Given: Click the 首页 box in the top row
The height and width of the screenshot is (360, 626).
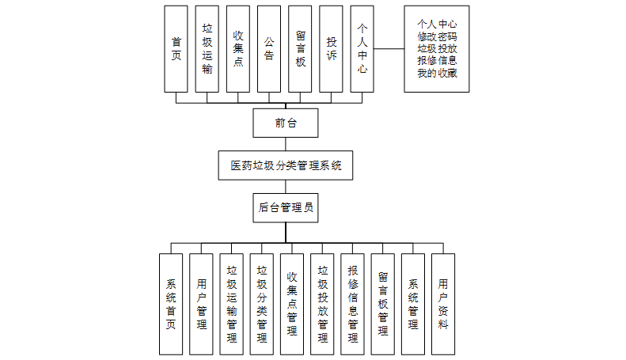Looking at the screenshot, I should [x=176, y=49].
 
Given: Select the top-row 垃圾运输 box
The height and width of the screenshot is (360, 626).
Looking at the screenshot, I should [x=207, y=49].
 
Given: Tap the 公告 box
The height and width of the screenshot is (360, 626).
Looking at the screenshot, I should [x=269, y=49].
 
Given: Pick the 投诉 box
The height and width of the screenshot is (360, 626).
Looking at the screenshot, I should [x=332, y=49].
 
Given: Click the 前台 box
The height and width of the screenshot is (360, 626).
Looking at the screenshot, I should [x=285, y=123].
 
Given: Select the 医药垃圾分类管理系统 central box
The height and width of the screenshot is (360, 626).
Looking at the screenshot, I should [x=286, y=165].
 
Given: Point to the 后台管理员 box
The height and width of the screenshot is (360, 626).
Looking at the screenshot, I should [x=286, y=208].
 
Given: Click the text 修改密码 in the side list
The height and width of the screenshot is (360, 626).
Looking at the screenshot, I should [x=437, y=36].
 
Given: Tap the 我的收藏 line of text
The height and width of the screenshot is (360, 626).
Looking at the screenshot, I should [x=437, y=74].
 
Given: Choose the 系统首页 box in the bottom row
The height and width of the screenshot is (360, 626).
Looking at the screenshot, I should [x=171, y=304].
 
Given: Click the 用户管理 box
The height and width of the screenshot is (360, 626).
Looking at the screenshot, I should [x=201, y=304].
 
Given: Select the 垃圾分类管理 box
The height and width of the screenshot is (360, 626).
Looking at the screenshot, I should [x=262, y=304].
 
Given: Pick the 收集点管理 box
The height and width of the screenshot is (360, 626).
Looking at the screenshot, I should [x=292, y=304].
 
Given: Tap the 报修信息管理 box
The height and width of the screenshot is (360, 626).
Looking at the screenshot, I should [x=353, y=304].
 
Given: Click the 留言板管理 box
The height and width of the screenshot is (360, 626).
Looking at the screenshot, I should [x=383, y=304].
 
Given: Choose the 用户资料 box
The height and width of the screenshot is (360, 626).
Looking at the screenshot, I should [x=443, y=304].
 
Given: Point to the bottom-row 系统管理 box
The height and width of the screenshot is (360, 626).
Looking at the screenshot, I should [x=413, y=304].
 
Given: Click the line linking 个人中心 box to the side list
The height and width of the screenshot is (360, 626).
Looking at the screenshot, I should [x=389, y=49].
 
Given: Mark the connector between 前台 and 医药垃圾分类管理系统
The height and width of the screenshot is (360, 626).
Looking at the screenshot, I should [x=285, y=144].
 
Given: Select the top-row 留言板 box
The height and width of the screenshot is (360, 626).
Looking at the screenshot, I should [x=301, y=49].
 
